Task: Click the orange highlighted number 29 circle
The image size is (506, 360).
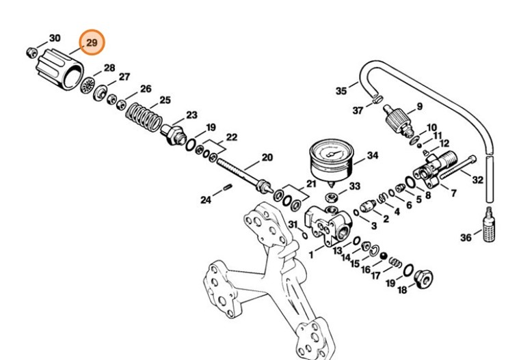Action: pos(92,42)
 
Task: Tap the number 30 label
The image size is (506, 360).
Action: pos(55,38)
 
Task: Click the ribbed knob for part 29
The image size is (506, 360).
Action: pos(59,65)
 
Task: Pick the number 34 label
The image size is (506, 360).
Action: pos(372,156)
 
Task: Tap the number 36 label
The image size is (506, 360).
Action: pos(465,237)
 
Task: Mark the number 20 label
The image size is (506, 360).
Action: pos(267,157)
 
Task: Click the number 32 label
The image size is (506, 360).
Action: pos(477,180)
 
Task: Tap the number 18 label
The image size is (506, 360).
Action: pos(402,290)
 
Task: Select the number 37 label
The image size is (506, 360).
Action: pos(358,110)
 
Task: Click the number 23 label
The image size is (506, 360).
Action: pos(191,115)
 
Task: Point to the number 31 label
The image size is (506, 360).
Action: pos(292,225)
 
